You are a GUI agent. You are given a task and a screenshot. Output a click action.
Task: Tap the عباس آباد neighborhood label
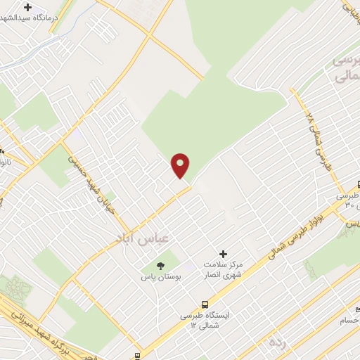(x=141, y=238)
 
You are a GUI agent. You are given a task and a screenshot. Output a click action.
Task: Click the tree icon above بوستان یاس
(x=160, y=265)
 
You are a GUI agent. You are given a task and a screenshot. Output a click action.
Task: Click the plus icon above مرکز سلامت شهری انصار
(x=224, y=254)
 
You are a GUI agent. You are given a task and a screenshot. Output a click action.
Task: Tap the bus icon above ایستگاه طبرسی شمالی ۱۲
(x=204, y=305)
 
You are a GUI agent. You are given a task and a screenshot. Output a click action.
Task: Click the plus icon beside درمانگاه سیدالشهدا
(x=27, y=7)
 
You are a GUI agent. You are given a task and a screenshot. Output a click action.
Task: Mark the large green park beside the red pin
(x=211, y=112)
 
